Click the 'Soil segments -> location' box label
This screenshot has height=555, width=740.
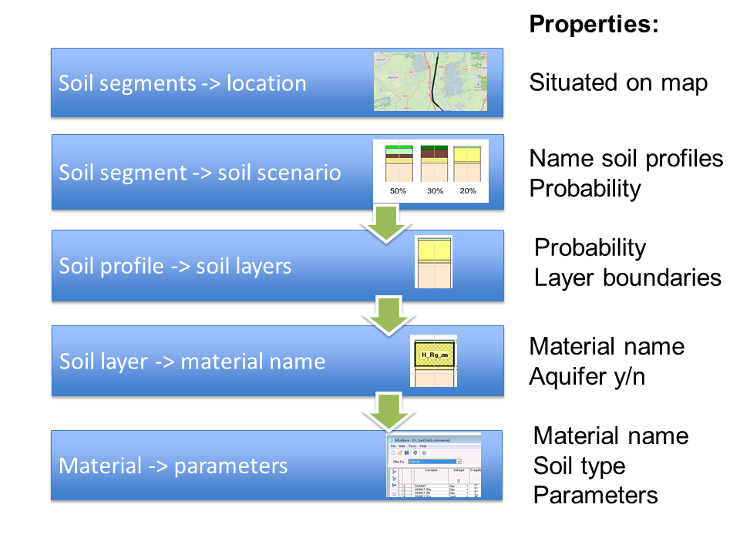[182, 83]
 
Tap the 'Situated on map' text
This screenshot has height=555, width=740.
[618, 82]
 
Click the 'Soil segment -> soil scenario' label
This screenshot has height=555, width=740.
[200, 172]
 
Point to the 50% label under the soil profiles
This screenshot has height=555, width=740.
[398, 191]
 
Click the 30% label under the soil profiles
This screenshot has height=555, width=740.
[435, 191]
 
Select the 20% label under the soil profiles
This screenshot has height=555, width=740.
[469, 191]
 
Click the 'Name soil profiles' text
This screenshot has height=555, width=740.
[626, 159]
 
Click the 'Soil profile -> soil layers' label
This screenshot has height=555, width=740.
[175, 266]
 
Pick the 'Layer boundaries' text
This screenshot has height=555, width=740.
[627, 277]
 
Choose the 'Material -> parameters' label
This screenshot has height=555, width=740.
[173, 466]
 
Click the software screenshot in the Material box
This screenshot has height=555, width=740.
[433, 466]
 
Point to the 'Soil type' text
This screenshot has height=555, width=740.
[579, 466]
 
